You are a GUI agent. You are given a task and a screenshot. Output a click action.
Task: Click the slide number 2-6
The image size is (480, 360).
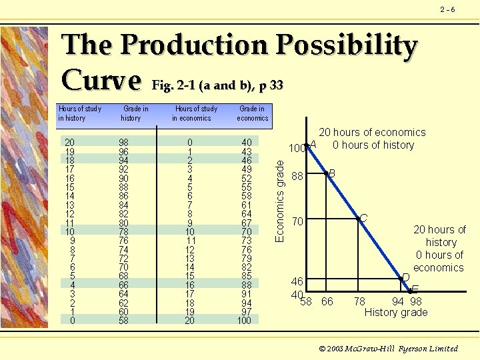(448, 9)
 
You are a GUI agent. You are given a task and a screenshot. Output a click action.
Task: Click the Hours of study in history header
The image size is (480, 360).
(80, 113)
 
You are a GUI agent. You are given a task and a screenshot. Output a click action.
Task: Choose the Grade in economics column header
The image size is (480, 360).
(252, 113)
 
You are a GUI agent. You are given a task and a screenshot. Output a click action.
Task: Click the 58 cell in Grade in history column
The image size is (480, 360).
(124, 320)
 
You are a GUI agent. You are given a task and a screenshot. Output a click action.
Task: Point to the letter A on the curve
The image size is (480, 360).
(313, 144)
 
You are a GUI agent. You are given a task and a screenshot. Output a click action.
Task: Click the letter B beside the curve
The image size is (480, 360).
(331, 173)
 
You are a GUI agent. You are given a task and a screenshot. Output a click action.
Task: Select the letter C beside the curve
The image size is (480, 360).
(364, 219)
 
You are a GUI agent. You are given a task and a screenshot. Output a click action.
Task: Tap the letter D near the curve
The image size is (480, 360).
(405, 277)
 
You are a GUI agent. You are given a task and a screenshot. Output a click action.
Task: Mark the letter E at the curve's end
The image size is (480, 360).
(415, 289)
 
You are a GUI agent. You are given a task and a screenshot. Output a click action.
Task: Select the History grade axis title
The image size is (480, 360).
(396, 312)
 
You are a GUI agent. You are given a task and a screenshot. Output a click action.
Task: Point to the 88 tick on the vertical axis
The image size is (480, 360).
(298, 177)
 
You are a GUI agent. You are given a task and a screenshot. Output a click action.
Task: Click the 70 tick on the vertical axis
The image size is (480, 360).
(298, 221)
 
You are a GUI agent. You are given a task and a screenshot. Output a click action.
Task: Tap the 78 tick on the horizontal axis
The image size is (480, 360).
(359, 302)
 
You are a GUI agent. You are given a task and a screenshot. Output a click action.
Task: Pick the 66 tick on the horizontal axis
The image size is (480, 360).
(327, 302)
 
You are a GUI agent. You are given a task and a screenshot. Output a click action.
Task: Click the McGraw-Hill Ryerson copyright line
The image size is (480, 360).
(389, 348)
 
